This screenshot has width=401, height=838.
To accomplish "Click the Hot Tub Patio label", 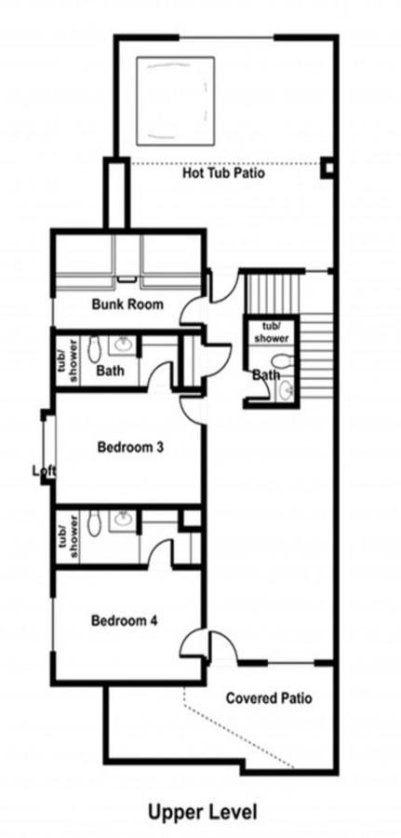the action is pyautogui.click(x=223, y=173).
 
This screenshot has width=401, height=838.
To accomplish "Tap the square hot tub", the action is pyautogui.click(x=176, y=101).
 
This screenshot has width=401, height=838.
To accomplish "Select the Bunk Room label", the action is pyautogui.click(x=127, y=304).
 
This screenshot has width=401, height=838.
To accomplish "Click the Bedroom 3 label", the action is pyautogui.click(x=130, y=447).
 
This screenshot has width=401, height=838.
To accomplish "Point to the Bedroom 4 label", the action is pyautogui.click(x=124, y=621).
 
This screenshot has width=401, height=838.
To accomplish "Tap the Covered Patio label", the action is pyautogui.click(x=269, y=698).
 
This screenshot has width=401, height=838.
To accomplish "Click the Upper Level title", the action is pyautogui.click(x=203, y=812).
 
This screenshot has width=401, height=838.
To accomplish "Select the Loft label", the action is pyautogui.click(x=45, y=471).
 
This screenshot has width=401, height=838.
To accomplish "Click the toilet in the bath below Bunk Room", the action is pyautogui.click(x=95, y=348).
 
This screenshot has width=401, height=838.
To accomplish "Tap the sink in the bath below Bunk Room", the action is pyautogui.click(x=123, y=345).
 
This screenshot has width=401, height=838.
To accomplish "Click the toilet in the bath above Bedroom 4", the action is pyautogui.click(x=95, y=523).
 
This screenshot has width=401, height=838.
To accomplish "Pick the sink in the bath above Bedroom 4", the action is pyautogui.click(x=123, y=520).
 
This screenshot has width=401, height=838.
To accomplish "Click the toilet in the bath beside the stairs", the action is pyautogui.click(x=283, y=360).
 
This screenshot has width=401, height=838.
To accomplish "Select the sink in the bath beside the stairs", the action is pyautogui.click(x=287, y=389).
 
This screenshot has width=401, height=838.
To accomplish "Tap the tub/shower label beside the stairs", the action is pyautogui.click(x=272, y=331).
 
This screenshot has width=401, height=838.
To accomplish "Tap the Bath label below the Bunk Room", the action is pyautogui.click(x=111, y=371).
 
